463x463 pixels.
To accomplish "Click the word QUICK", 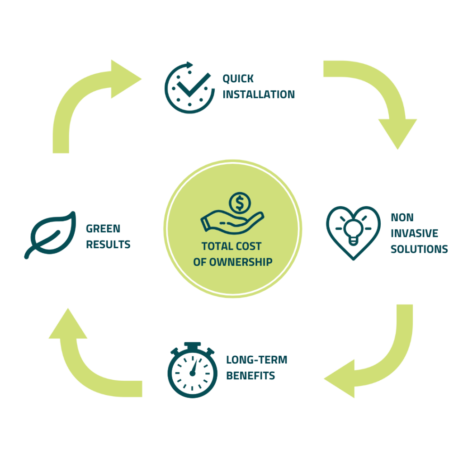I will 238,79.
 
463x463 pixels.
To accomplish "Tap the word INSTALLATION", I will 258,94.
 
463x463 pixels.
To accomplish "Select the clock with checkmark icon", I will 189,88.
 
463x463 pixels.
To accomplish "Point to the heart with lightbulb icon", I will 353,232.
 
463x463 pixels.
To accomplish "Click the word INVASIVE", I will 414,233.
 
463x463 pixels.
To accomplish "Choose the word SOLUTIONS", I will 419,249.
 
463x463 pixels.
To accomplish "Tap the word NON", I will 402,217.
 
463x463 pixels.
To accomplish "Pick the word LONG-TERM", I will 256,360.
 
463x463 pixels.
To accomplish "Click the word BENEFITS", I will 250,376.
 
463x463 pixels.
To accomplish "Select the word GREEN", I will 103,229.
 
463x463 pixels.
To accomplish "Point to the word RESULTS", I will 108,245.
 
